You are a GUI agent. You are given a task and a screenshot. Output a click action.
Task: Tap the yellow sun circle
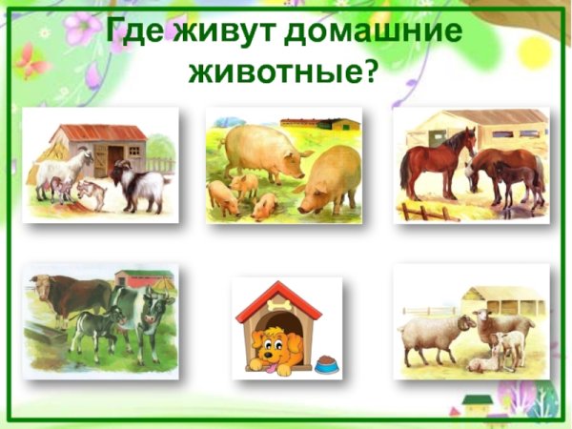tap(535, 51)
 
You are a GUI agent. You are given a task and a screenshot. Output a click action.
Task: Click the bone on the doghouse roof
tap(279, 301)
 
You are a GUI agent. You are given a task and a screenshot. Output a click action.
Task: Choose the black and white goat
tap(141, 185)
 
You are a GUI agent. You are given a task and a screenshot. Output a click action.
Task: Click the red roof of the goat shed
tap(100, 133)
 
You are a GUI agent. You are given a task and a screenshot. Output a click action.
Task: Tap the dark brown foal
tap(516, 177)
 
